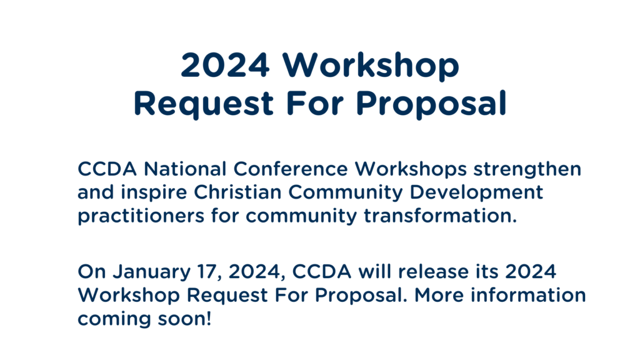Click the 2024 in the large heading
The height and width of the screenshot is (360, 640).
click(225, 64)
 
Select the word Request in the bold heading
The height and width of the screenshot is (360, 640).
click(203, 104)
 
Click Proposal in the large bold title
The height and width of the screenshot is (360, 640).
click(431, 104)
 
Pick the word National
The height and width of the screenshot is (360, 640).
click(185, 169)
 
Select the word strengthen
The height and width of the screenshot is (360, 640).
click(527, 169)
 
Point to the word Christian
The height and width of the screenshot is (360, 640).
click(237, 192)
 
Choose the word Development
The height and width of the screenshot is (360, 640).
click(476, 193)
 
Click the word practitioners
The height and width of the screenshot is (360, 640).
click(141, 216)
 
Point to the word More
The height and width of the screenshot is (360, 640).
click(439, 295)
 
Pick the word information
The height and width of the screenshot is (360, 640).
click(528, 295)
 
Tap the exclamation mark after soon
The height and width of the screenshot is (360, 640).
click(208, 318)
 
